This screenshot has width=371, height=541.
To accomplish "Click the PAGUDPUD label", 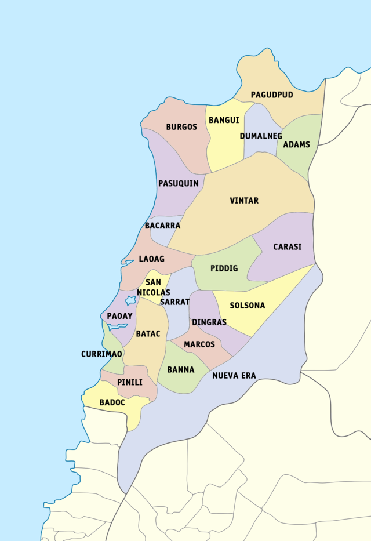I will pos(272,95).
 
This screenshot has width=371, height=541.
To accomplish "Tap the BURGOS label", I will pos(181,127).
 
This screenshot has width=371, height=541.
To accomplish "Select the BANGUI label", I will pos(224,120).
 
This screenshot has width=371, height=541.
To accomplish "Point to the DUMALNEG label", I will pos(260,136).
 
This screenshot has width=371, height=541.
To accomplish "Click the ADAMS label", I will pos(296,144).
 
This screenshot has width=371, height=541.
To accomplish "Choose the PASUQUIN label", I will pos(179,183).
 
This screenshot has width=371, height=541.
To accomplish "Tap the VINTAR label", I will pos(244,201).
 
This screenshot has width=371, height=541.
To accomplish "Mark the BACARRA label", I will pos(162,226).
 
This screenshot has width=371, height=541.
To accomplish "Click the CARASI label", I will pos(288,246).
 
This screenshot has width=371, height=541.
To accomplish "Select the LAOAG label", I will pos(152,259).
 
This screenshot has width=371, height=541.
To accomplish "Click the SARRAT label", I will pos(174,302).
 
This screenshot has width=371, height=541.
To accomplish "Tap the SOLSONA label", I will pos(248,306).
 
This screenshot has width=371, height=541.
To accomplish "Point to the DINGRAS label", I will pos(209,322).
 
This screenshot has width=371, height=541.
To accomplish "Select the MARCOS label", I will pos(199,344).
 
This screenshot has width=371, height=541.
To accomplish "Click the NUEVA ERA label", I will pos(234,375).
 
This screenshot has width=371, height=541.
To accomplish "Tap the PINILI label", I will pos(130,382).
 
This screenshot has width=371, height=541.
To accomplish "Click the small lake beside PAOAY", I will pos(130,300).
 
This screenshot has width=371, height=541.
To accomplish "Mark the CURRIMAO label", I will pos(101,354).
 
